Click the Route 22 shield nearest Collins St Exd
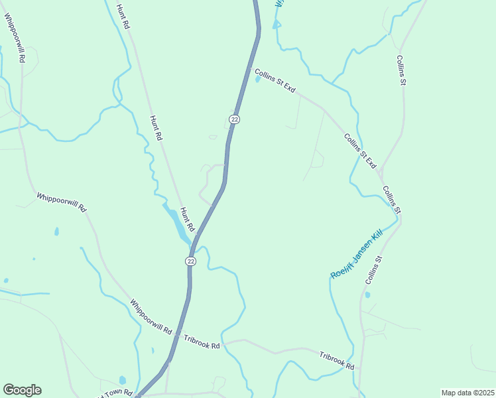coord(234,119)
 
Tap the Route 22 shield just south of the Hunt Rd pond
coord(191,261)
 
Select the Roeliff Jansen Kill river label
coord(357,255)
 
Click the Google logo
coord(22,390)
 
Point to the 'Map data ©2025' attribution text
coord(467,393)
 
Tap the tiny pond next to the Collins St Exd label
coord(257,80)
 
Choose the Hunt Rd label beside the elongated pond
coord(187,218)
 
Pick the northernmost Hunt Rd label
coord(122,17)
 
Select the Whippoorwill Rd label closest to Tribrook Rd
coord(151,316)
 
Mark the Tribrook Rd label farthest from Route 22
coord(336,361)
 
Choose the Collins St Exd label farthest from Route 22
coord(360,151)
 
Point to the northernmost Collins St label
coord(401,70)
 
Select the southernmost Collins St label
coord(375,271)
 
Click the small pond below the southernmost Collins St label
coord(367,295)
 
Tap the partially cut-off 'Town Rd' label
coord(117,394)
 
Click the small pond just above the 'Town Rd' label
coord(123,380)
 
